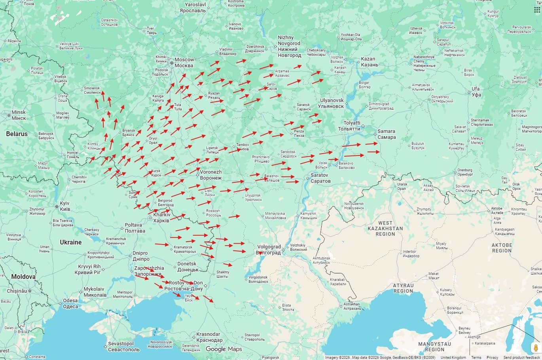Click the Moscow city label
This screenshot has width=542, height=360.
coord(184,63)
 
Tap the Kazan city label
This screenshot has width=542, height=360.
coord(369,62)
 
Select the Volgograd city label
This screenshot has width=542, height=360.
coord(269,250)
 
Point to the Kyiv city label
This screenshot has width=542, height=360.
coord(64,206)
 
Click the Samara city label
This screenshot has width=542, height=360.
coord(386,134)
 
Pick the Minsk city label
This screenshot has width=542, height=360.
coord(19,115)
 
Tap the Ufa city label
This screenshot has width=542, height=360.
coord(476,92)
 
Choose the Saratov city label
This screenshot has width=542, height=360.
coord(320,178)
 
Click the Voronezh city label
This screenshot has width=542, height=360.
coord(210,175)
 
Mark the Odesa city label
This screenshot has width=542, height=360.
coord(70,303)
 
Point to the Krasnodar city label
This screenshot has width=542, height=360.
coord(209,337)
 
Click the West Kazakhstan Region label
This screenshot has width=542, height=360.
coord(385,229)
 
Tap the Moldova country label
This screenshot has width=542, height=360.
coord(23,277)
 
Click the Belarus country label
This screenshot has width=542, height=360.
coord(17,134)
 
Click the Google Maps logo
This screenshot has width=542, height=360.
coord(224,349)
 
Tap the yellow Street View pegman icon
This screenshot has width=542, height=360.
coord(536,348)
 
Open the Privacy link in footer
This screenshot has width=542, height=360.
coord(492,358)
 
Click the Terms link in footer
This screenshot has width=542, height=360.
coord(476,358)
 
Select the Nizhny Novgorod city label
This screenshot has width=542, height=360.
coord(289,46)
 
